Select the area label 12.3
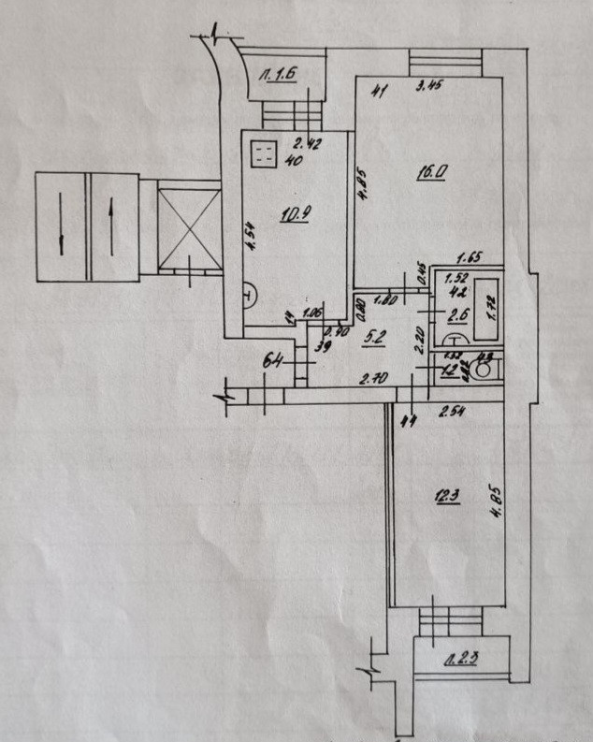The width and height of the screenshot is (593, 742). tap(444, 498)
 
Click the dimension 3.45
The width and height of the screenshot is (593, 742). tap(427, 90)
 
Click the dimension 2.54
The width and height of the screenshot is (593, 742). tap(451, 409)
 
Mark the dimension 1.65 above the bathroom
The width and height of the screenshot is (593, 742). tap(469, 258)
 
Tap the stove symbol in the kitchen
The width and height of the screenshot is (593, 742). tap(263, 153)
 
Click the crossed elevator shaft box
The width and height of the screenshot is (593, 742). tap(190, 229)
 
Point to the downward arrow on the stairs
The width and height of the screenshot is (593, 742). tap(61, 227)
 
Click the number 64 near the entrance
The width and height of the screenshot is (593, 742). tap(274, 356)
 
